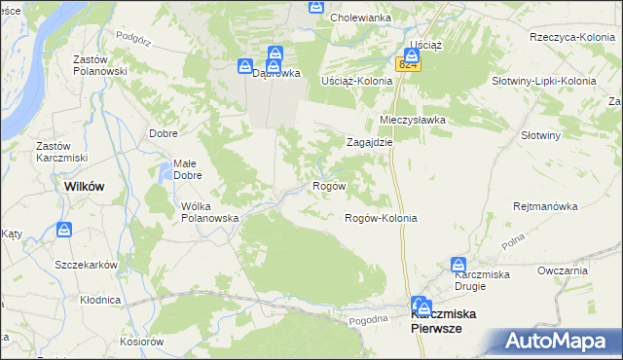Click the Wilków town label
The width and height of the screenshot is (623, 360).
[x=84, y=186]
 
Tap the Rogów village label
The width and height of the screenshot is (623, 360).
[x=328, y=185]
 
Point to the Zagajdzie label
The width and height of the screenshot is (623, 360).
[x=370, y=141]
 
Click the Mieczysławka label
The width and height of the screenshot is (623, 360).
[x=412, y=120]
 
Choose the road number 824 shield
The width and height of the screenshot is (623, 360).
[x=408, y=64]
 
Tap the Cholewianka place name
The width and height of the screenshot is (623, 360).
[x=360, y=18]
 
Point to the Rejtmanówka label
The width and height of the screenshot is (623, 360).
[x=546, y=206]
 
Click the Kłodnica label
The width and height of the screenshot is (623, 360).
[x=100, y=301]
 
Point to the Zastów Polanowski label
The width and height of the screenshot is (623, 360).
[x=101, y=64]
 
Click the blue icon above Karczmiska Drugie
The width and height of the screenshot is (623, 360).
[x=458, y=264]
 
